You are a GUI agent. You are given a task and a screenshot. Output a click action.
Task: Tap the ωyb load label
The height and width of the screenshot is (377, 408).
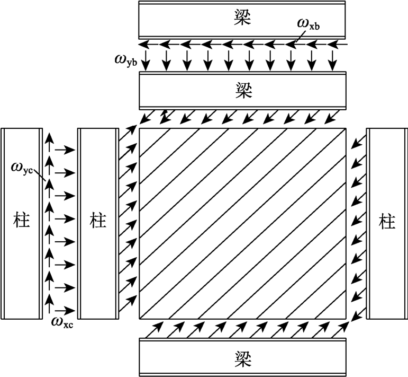pos(125,58)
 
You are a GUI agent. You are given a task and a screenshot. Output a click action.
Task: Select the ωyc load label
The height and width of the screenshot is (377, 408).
pos(23,169)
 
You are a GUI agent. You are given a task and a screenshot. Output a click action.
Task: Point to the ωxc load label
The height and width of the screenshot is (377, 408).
pos(62,320)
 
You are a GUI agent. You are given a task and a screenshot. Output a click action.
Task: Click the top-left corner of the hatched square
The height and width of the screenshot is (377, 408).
pos(139,128)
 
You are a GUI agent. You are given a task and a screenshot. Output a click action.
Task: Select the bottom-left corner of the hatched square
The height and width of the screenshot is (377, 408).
pos(139,319)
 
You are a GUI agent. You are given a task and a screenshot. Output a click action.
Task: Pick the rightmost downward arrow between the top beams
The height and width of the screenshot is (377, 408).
pos(332,61)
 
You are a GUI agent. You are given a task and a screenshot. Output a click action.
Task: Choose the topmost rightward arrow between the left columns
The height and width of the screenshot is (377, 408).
pos(64,150)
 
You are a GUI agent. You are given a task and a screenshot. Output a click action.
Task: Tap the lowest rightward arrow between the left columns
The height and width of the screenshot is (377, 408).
pos(64,309)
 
